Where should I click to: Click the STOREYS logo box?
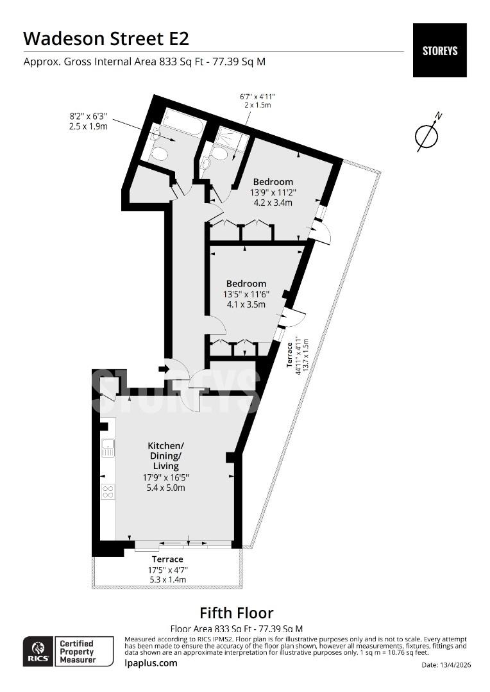tap(439, 50)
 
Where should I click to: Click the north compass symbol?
tap(426, 135)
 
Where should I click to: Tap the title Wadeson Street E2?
tap(106, 38)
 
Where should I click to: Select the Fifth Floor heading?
tap(236, 613)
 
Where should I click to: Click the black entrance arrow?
tap(163, 369)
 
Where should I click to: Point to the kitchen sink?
tap(108, 447)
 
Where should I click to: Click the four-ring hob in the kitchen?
tap(108, 491)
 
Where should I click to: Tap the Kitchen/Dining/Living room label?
tap(165, 456)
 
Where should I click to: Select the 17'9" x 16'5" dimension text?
tap(165, 477)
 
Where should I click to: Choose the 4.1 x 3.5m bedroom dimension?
tap(246, 304)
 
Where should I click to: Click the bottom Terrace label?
tap(167, 559)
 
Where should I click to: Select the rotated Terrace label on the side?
tap(290, 354)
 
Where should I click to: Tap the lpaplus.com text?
tap(151, 663)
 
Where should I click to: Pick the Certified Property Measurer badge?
tap(77, 651)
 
